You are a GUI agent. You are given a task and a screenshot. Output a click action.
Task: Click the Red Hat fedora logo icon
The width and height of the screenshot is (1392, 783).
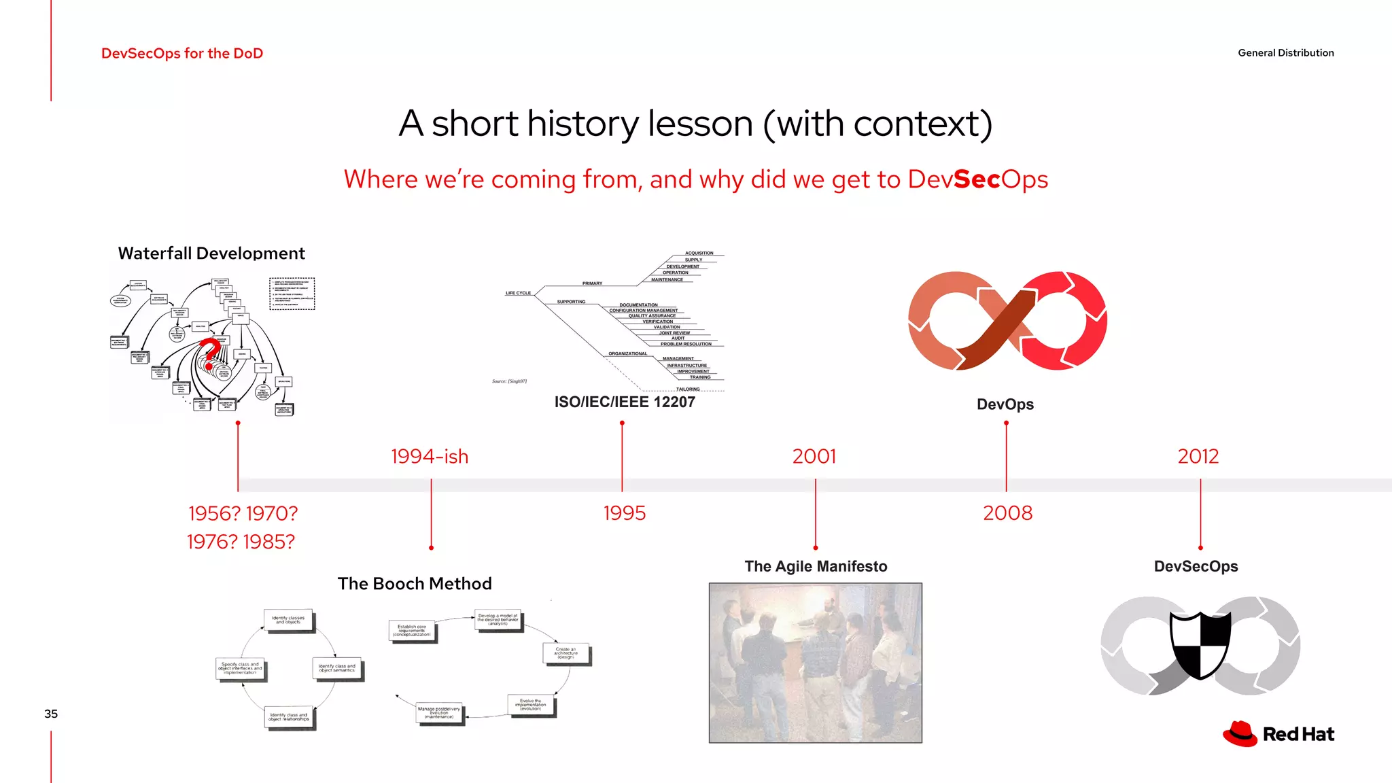click(1240, 734)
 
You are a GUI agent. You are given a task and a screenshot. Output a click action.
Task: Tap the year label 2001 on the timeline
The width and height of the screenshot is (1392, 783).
click(814, 456)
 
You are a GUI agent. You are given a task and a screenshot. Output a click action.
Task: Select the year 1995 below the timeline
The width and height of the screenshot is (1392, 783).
click(624, 513)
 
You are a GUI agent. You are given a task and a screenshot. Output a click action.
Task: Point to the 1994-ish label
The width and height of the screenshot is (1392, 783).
click(430, 456)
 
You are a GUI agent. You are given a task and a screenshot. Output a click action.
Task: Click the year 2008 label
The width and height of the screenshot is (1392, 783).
click(1007, 513)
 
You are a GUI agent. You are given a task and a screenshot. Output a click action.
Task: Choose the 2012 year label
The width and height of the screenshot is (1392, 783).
click(1198, 456)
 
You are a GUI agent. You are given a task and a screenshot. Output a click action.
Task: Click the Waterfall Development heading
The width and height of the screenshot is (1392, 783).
click(211, 254)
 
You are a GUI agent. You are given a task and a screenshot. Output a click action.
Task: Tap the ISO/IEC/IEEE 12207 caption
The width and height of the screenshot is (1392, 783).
click(625, 402)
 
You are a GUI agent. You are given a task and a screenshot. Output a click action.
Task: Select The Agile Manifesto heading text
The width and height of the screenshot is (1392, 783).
click(816, 566)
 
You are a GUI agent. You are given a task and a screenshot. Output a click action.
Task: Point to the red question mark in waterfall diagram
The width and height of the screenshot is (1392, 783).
click(211, 351)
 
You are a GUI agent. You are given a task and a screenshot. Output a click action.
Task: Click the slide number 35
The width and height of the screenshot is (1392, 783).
click(51, 714)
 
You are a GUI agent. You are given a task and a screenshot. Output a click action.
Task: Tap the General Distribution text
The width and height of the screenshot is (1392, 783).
click(1285, 53)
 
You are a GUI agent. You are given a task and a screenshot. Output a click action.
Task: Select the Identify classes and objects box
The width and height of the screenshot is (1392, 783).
click(288, 620)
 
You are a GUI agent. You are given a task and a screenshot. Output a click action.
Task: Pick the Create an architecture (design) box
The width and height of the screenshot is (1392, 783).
click(565, 653)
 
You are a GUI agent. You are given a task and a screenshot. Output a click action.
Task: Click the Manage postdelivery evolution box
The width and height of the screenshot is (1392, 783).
click(439, 713)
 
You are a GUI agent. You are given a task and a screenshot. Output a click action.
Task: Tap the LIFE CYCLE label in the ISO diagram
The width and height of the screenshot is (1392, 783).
click(518, 293)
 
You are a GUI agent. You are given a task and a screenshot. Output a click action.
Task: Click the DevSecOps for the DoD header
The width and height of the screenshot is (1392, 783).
click(182, 53)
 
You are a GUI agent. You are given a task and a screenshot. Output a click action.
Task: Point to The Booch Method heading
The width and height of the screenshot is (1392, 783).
click(415, 584)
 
